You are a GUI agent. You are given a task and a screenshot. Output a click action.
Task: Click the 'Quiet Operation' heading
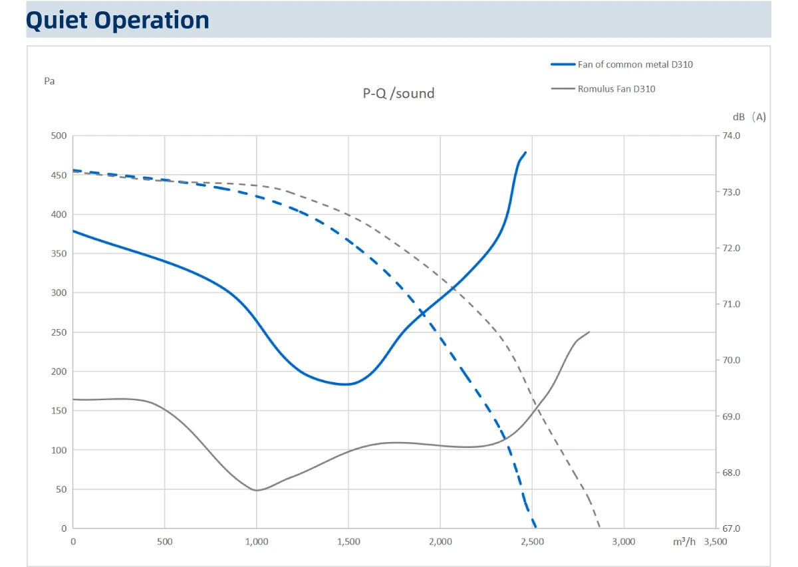pyautogui.click(x=118, y=20)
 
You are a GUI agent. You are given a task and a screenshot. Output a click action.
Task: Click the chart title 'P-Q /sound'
pyautogui.click(x=398, y=93)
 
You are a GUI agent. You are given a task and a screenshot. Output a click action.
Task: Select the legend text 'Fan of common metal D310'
pyautogui.click(x=635, y=64)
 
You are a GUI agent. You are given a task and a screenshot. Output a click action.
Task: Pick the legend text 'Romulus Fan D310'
pyautogui.click(x=616, y=88)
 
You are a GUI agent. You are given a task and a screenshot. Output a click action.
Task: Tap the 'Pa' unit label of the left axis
pyautogui.click(x=49, y=81)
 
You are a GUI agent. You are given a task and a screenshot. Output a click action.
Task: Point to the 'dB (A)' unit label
pyautogui.click(x=749, y=117)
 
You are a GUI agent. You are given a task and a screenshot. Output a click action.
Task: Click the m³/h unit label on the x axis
pyautogui.click(x=684, y=542)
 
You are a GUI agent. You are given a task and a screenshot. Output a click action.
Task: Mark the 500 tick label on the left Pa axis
pyautogui.click(x=59, y=136)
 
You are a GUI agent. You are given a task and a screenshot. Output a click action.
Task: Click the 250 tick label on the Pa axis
pyautogui.click(x=59, y=332)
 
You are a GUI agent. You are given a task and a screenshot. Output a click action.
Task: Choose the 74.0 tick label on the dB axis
pyautogui.click(x=731, y=136)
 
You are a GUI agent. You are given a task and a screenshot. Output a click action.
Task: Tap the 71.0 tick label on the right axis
pyautogui.click(x=731, y=304)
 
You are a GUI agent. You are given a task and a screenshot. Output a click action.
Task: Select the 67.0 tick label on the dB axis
pyautogui.click(x=731, y=528)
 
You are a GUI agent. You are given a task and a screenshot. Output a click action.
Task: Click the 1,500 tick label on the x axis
pyautogui.click(x=348, y=542)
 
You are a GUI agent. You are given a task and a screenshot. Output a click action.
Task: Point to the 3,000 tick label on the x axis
pyautogui.click(x=624, y=542)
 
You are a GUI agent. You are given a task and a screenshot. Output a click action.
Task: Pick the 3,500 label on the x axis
pyautogui.click(x=716, y=542)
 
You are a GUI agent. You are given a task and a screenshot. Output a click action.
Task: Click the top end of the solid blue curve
pyautogui.click(x=526, y=152)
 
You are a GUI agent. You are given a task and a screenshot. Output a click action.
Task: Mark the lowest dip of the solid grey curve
pyautogui.click(x=257, y=491)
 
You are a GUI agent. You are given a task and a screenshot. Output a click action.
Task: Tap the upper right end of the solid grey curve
pyautogui.click(x=589, y=332)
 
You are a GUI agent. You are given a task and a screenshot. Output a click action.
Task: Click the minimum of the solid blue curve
pyautogui.click(x=345, y=384)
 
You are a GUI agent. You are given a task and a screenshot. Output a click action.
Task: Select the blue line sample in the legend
pyautogui.click(x=563, y=64)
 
